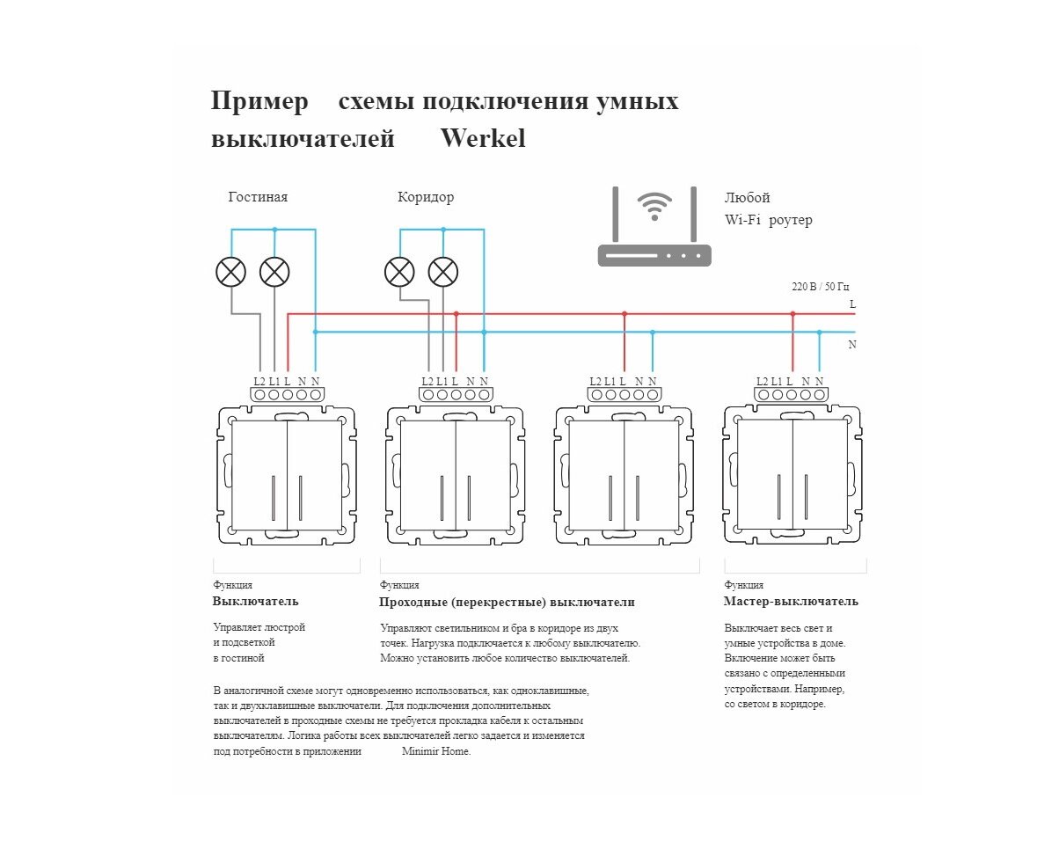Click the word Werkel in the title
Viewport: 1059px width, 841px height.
pyautogui.click(x=482, y=139)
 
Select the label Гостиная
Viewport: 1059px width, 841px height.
pyautogui.click(x=258, y=197)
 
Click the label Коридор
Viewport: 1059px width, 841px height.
pyautogui.click(x=426, y=197)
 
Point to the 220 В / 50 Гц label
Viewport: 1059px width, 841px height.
pyautogui.click(x=821, y=287)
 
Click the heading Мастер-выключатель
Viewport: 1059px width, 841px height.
pyautogui.click(x=791, y=602)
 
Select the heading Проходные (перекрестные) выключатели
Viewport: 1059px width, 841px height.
pyautogui.click(x=507, y=603)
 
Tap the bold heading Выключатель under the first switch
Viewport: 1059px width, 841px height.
pyautogui.click(x=255, y=602)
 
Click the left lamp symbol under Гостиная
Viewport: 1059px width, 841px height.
pyautogui.click(x=230, y=272)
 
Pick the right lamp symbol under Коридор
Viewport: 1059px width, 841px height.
pyautogui.click(x=443, y=272)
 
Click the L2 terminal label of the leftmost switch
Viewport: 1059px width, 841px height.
pyautogui.click(x=259, y=381)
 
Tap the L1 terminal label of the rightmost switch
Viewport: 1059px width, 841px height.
pyautogui.click(x=776, y=381)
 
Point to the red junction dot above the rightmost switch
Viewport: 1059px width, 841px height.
pyautogui.click(x=792, y=313)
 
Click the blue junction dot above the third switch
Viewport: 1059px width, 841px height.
pyautogui.click(x=652, y=332)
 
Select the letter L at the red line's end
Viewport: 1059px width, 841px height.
pyautogui.click(x=852, y=304)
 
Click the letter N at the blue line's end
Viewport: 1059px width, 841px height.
pyautogui.click(x=852, y=345)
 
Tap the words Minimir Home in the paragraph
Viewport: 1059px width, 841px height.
pyautogui.click(x=436, y=751)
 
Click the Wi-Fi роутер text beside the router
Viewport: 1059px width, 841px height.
pyautogui.click(x=768, y=220)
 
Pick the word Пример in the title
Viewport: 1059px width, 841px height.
pyautogui.click(x=259, y=101)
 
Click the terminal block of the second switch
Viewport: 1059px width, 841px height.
pyautogui.click(x=456, y=395)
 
